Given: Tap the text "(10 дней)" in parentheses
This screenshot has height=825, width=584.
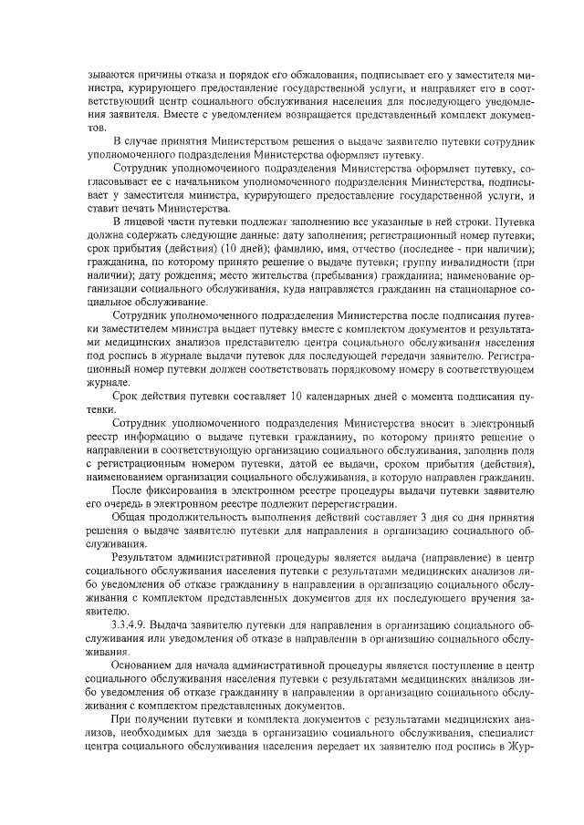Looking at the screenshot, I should pos(211,249).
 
